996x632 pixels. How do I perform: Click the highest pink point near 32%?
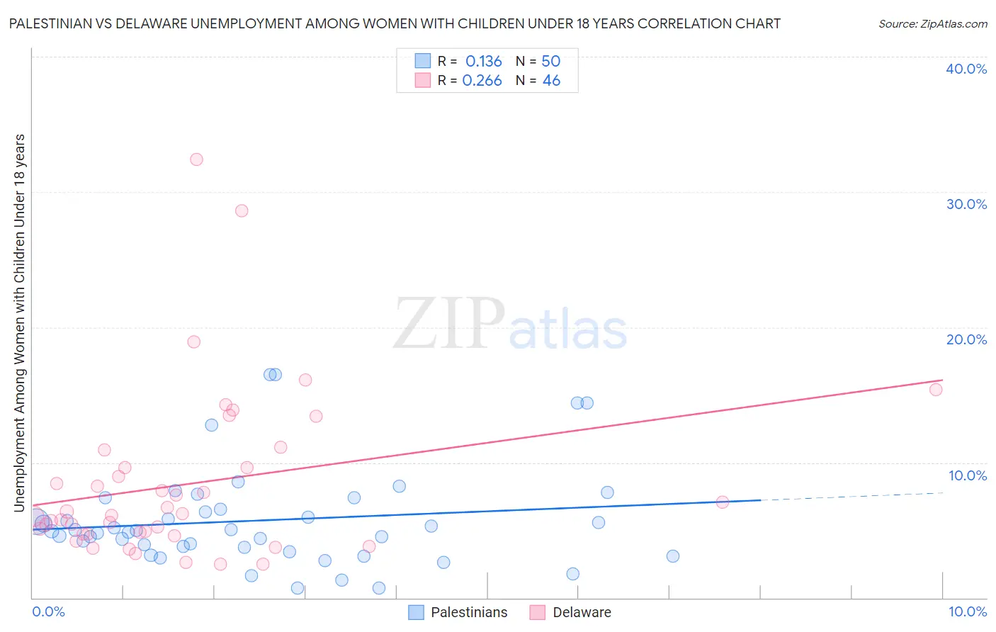point(196,159)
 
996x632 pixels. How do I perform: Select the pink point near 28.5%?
point(242,210)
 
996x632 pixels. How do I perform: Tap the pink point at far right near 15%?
point(935,389)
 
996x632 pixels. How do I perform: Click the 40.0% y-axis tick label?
point(966,69)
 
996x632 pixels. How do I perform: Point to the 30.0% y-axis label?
point(966,204)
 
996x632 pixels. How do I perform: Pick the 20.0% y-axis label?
point(966,339)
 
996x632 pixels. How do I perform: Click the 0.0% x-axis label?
point(48,611)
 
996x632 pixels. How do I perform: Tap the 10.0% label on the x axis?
point(967,611)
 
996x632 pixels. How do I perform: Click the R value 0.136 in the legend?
point(483,62)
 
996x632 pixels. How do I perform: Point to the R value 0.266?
point(482,81)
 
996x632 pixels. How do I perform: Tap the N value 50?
point(550,62)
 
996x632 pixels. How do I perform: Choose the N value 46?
point(551,81)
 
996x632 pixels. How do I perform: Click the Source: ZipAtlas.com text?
point(932,23)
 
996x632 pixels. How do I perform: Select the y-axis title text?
point(19,322)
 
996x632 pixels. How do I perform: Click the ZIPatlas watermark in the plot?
point(510,324)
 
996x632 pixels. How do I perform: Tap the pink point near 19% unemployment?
point(193,342)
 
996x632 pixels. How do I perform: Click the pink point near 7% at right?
point(722,502)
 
